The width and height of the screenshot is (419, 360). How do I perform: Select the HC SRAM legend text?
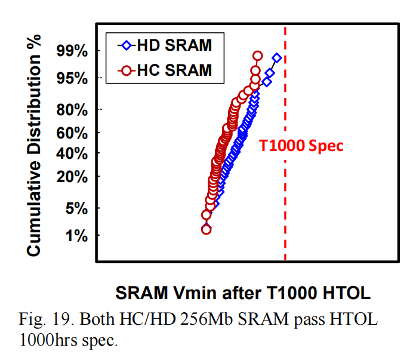174,70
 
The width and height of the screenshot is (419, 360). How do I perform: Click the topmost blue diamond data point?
276,58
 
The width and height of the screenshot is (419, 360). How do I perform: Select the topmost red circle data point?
257,56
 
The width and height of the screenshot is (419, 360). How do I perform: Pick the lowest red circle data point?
207,229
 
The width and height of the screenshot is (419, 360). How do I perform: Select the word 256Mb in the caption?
238,319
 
